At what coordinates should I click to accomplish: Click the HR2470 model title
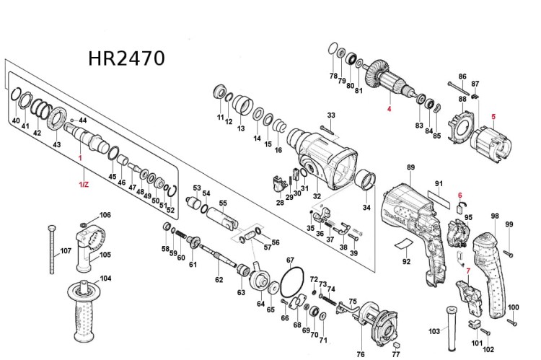coord(126,58)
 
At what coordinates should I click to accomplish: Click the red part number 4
coord(388,109)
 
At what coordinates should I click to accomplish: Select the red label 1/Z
coord(84,185)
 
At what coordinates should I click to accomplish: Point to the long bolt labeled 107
coord(53,249)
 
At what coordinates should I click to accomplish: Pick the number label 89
coord(410,168)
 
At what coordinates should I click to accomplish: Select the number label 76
coord(361,354)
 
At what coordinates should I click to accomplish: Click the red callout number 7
coord(467,271)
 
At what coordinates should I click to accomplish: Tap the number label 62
coord(219,279)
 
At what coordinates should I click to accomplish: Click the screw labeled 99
coord(509,252)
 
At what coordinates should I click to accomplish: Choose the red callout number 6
coord(459,196)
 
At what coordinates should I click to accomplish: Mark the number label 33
coord(331,115)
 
